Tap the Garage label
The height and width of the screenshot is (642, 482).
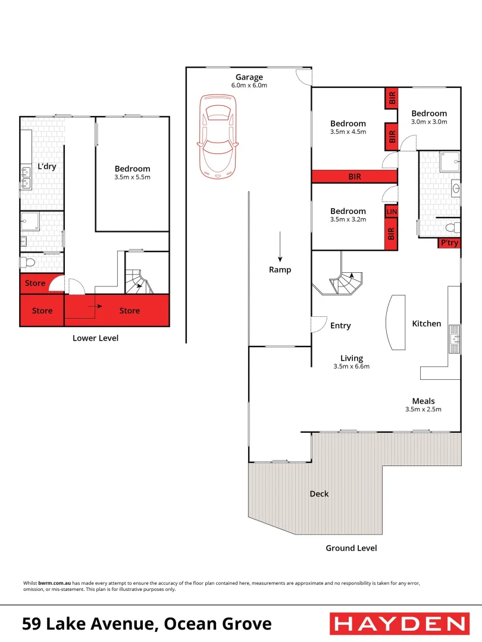pos(249,77)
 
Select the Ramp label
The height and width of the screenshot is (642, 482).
pos(280,270)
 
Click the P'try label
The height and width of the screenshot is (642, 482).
pos(449,243)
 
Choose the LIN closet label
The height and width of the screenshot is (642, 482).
pos(392,212)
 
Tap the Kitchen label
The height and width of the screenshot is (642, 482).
pos(427,324)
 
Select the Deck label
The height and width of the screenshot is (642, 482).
pos(319,494)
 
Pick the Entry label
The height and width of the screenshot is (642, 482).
pos(340,326)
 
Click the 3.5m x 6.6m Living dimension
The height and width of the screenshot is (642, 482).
pos(351,367)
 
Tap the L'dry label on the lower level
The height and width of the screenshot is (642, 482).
pos(47,166)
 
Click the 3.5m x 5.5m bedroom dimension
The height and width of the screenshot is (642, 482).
pos(132,177)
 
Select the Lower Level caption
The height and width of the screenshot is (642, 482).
pos(95,338)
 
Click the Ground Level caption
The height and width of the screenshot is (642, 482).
pos(351,548)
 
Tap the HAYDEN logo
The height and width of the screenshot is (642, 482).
pos(399,624)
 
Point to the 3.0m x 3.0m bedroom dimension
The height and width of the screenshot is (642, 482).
pos(428,122)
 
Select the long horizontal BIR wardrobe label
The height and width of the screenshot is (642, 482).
pos(354,177)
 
